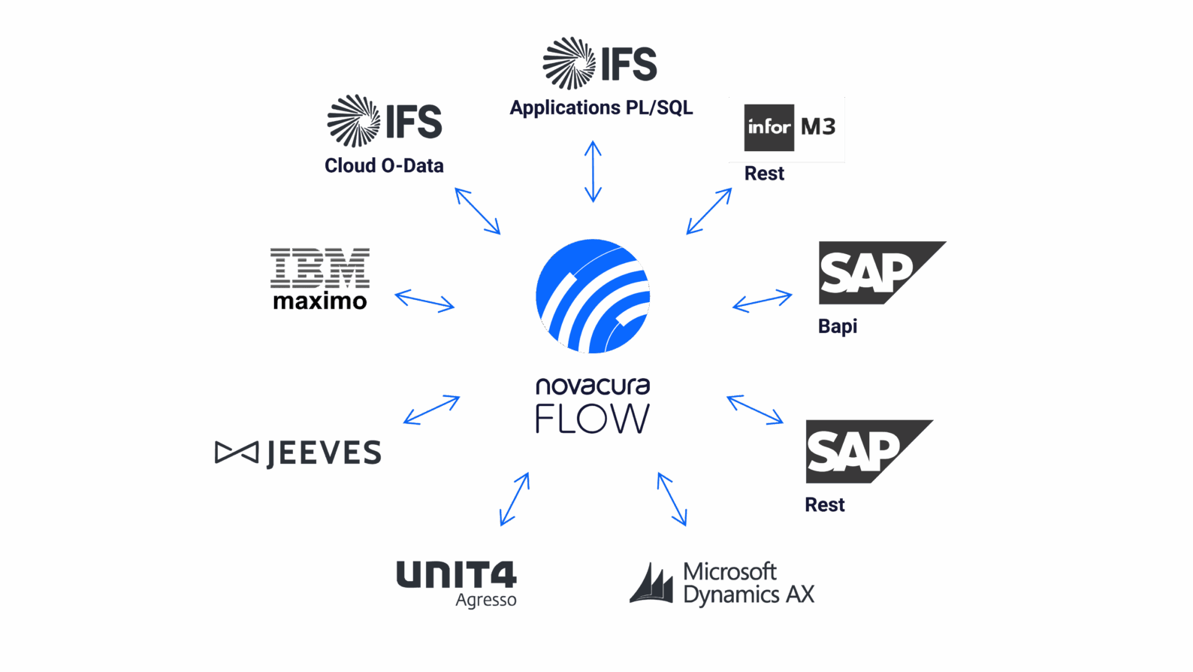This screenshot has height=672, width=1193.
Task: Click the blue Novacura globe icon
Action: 593,296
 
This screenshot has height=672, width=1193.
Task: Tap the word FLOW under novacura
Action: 592,419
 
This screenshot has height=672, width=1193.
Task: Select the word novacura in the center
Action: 592,386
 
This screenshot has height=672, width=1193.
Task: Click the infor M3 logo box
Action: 787,129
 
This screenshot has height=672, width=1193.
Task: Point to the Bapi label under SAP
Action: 837,326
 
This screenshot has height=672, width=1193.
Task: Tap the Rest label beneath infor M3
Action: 764,174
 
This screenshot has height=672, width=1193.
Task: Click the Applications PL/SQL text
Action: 601,107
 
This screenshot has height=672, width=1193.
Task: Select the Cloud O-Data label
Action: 384,165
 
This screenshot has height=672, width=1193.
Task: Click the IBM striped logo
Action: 320,267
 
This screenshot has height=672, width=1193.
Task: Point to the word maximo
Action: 319,301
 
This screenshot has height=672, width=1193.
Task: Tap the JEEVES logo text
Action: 323,453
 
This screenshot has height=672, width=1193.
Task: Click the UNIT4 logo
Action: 456,575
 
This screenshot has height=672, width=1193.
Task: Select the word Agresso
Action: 485,600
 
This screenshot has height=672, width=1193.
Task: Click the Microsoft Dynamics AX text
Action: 748,583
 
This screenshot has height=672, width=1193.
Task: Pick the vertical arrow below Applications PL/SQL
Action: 593,171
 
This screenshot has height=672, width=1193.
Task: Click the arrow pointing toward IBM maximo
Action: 424,301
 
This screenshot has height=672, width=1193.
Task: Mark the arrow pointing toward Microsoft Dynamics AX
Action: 672,499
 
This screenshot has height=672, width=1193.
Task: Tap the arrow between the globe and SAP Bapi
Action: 762,301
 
